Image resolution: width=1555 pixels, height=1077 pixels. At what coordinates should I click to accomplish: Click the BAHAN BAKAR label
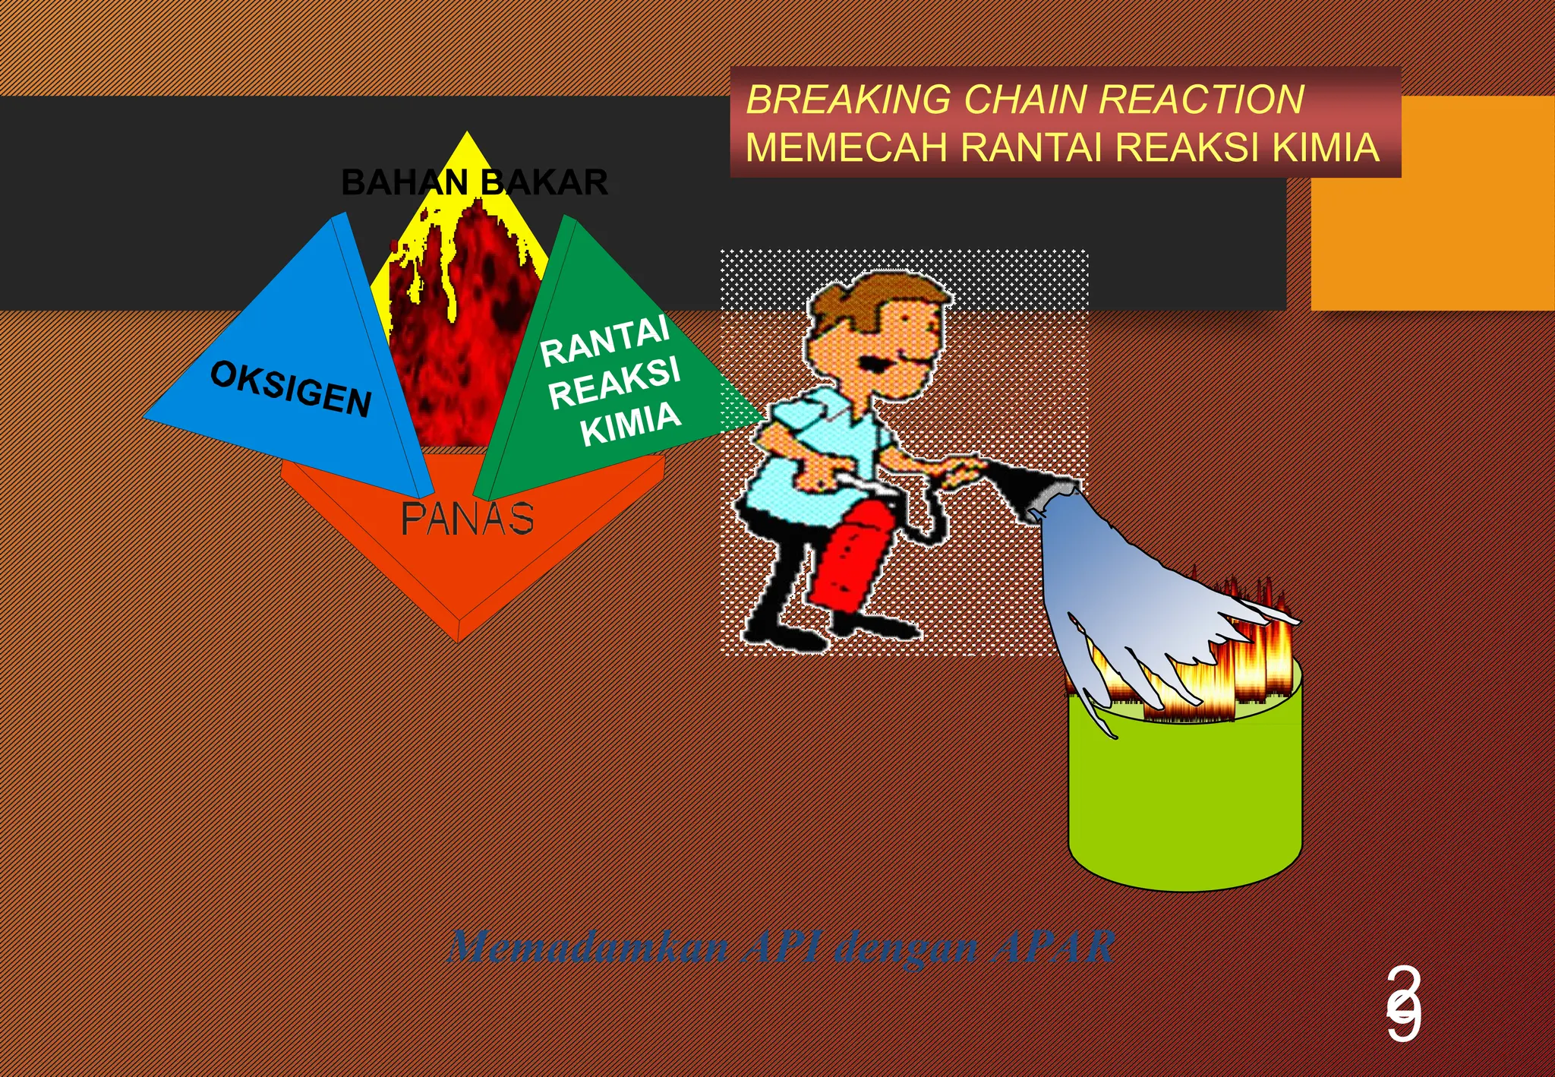(x=475, y=183)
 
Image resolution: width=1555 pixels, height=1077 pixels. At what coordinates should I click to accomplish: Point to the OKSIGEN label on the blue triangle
(x=291, y=389)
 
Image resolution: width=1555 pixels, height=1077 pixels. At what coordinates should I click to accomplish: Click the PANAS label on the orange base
(x=467, y=519)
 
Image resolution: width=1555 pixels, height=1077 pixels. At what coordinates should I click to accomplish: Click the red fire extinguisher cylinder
(x=850, y=558)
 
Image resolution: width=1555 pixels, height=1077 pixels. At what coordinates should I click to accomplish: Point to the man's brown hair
(x=866, y=296)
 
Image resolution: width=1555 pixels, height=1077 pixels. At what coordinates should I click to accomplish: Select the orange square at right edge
(x=1431, y=203)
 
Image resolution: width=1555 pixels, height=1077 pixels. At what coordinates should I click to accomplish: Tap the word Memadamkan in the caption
(x=588, y=947)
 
